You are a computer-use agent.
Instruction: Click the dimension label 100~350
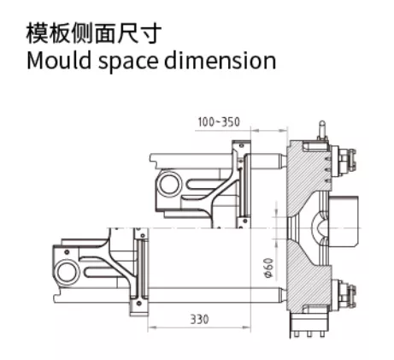point(219,122)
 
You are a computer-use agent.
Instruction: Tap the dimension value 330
point(199,319)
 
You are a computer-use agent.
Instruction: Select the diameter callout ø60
point(269,268)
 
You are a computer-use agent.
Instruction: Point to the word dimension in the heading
point(221,61)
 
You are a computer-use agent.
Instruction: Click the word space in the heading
point(128,62)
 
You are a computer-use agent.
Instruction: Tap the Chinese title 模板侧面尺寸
point(94,33)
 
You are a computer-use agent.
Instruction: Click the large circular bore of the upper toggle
point(170,184)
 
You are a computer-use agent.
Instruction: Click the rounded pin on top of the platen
point(322,130)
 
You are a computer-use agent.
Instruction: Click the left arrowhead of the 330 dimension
point(152,328)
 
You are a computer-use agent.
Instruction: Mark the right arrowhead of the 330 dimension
point(246,328)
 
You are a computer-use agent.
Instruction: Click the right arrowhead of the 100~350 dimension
point(283,131)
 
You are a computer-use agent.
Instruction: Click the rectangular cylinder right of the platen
point(344,221)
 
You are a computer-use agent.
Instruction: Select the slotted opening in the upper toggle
point(207,184)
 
